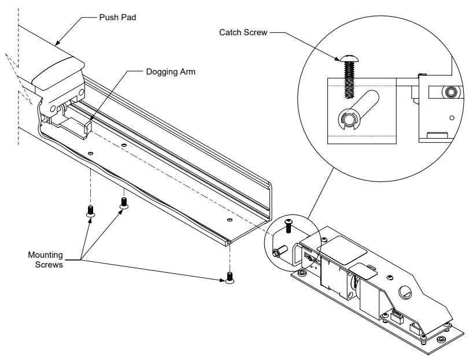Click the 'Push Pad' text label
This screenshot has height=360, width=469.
(117, 18)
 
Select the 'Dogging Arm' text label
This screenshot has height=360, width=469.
(171, 72)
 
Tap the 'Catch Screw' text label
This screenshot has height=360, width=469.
(243, 32)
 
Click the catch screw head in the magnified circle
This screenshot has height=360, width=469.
(350, 57)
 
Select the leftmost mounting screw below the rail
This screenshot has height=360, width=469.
(90, 211)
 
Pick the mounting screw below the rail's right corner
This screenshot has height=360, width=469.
(231, 278)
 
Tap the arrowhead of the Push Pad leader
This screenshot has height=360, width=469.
(56, 43)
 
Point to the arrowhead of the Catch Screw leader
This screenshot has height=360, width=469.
(341, 58)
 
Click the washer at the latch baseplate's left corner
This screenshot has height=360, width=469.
(301, 271)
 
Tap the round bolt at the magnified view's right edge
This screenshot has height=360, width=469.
(450, 92)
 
